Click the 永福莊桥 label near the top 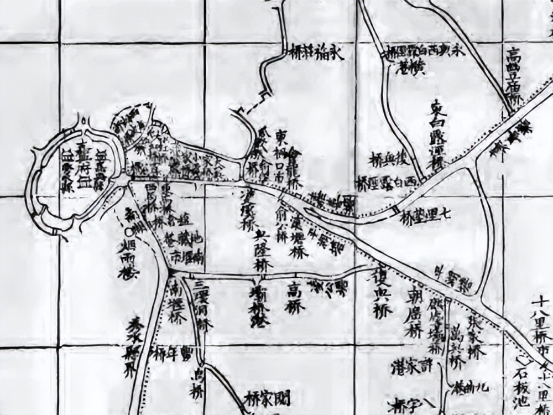click(x=317, y=53)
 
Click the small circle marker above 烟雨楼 click(x=129, y=231)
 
